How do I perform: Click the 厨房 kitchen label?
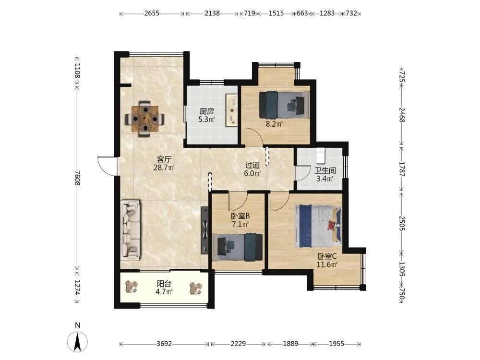pyautogui.click(x=206, y=111)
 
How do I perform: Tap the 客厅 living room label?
pyautogui.click(x=164, y=159)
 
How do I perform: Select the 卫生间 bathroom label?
pyautogui.click(x=325, y=171)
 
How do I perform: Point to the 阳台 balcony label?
pyautogui.click(x=164, y=284)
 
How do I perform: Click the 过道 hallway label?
pyautogui.click(x=252, y=165)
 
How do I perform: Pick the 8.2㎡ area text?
pyautogui.click(x=274, y=124)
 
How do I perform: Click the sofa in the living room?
pyautogui.click(x=131, y=230)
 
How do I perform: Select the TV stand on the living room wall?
pyautogui.click(x=204, y=230)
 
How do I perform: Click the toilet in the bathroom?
pyautogui.click(x=320, y=156)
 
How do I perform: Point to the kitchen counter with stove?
pyautogui.click(x=232, y=110)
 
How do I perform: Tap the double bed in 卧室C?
pyautogui.click(x=318, y=226)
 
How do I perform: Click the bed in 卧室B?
pyautogui.click(x=238, y=247)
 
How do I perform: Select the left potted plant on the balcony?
pyautogui.click(x=132, y=287)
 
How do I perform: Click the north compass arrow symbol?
pyautogui.click(x=78, y=341)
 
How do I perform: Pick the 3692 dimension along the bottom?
pyautogui.click(x=164, y=344)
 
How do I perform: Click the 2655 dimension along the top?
pyautogui.click(x=152, y=13)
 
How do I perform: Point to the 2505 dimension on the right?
pyautogui.click(x=402, y=223)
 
